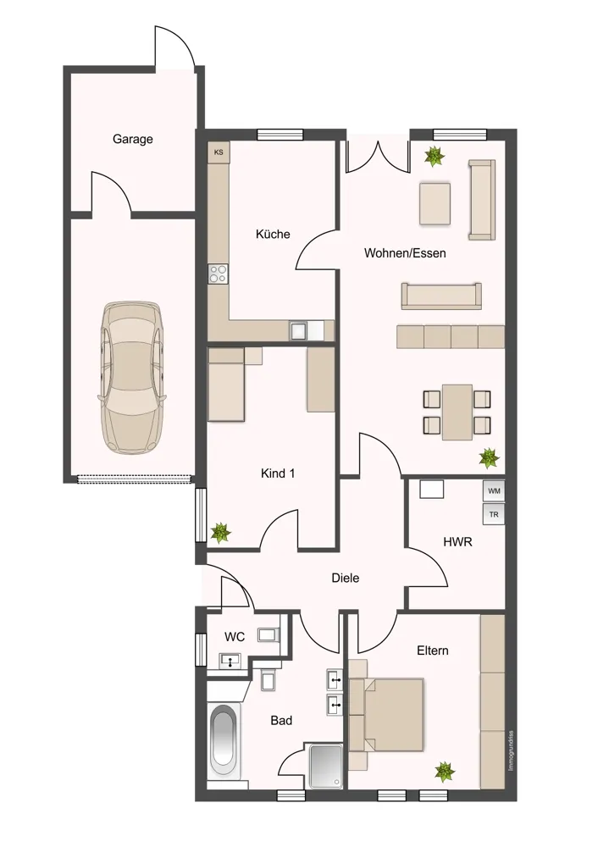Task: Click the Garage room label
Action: pos(132,140)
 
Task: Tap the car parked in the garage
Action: pos(132,377)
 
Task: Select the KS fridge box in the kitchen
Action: pos(219,152)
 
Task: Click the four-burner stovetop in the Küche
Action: pos(219,274)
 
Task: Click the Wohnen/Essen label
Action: pos(405,252)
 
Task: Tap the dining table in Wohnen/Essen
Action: pos(457,412)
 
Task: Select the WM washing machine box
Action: pos(494,491)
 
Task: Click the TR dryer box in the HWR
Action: pos(494,514)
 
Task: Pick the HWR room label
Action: pos(457,541)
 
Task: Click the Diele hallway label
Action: pos(346,578)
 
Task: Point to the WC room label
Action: pos(235,637)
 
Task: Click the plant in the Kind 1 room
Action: pos(220,533)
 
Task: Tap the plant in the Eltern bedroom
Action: pos(444,772)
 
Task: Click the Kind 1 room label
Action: pos(278,473)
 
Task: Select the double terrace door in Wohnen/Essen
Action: pos(377,157)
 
